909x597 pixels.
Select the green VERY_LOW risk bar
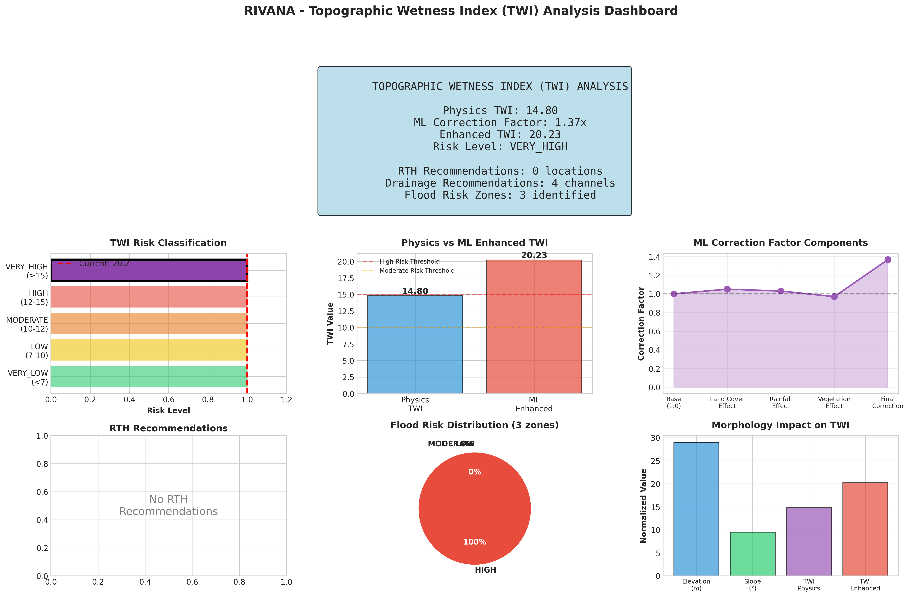[x=149, y=376]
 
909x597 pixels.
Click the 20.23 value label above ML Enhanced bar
[x=534, y=255]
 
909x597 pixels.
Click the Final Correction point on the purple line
[x=888, y=260]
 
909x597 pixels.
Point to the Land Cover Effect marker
[x=727, y=289]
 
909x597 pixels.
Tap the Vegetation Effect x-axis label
[x=834, y=402]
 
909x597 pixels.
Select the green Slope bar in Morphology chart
[x=752, y=553]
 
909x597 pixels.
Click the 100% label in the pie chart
[x=475, y=542]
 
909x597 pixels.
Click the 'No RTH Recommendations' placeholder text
[x=168, y=505]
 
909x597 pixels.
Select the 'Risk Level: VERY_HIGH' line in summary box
[x=500, y=147]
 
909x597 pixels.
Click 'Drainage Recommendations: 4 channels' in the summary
[x=500, y=183]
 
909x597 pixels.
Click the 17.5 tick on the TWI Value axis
[x=346, y=278]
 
